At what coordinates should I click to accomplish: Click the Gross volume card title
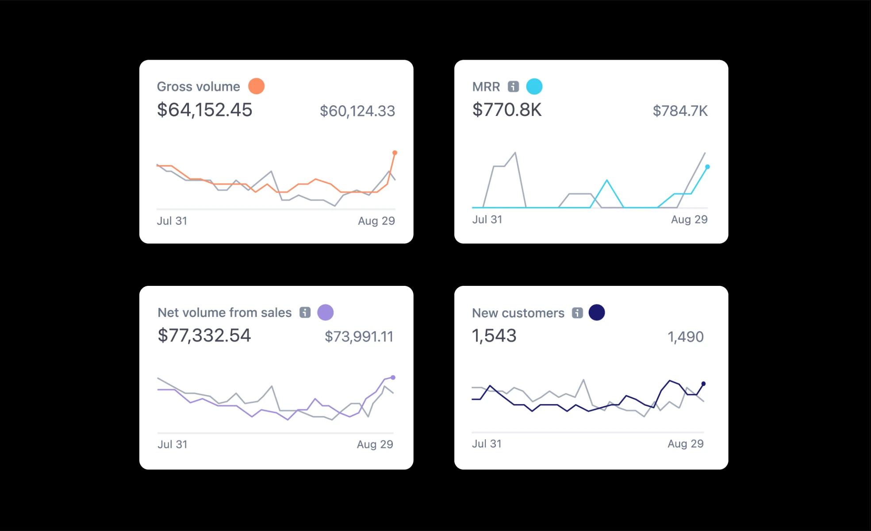(198, 86)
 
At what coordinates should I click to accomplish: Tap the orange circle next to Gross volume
(256, 86)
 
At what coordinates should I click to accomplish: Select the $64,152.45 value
(204, 110)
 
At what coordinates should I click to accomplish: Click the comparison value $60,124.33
(357, 111)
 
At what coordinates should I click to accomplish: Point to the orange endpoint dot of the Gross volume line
(395, 153)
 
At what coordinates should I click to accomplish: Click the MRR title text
(486, 87)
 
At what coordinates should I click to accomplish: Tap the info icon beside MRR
(513, 86)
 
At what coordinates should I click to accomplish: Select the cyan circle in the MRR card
(534, 86)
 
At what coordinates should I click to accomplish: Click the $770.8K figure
(506, 110)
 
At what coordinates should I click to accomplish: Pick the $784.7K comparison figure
(680, 111)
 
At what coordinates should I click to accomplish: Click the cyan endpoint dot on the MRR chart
(707, 167)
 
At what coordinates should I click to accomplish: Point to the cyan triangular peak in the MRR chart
(607, 181)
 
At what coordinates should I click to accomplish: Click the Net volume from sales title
(224, 313)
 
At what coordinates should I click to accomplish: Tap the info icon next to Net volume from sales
(305, 312)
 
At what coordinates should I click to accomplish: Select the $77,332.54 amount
(204, 335)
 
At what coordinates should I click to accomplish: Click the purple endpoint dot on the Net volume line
(393, 377)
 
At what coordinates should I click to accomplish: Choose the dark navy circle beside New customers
(596, 312)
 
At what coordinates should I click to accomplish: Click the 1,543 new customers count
(494, 336)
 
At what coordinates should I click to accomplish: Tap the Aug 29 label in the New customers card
(685, 444)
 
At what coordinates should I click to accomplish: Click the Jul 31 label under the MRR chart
(487, 219)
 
